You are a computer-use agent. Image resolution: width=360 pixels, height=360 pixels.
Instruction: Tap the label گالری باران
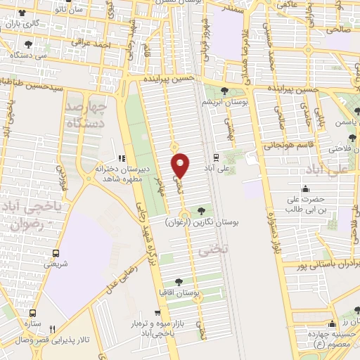click(25, 23)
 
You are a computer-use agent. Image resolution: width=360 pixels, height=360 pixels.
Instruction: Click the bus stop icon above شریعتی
click(56, 253)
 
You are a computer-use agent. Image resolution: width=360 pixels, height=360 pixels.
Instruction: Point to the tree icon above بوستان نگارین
click(202, 210)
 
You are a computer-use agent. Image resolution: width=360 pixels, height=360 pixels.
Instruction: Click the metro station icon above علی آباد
click(216, 157)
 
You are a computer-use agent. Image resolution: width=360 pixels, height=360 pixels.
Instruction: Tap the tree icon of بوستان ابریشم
click(224, 90)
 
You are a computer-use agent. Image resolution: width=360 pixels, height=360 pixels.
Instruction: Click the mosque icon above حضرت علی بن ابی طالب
click(305, 188)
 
